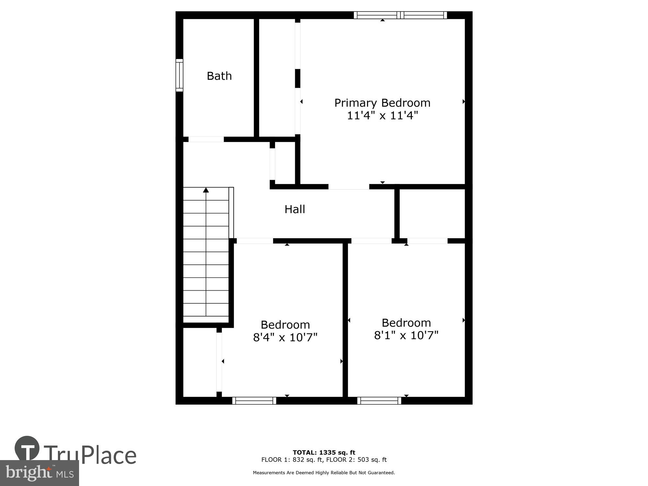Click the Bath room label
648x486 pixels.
[x=219, y=76]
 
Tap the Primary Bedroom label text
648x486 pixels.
[x=382, y=103]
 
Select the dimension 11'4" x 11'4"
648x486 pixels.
[x=382, y=115]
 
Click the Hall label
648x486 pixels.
[x=295, y=209]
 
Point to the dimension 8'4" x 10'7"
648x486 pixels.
[x=285, y=337]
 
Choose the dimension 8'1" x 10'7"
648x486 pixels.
[x=406, y=335]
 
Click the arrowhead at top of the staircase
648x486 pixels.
[x=206, y=190]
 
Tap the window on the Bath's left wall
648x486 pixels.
[x=179, y=75]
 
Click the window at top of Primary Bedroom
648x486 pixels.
[x=400, y=15]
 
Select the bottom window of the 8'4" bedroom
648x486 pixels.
[x=254, y=401]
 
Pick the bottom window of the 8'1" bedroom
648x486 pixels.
[x=379, y=401]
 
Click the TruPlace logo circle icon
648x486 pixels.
[x=27, y=448]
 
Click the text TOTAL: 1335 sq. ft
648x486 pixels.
[x=324, y=453]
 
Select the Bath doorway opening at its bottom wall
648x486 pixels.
[x=206, y=139]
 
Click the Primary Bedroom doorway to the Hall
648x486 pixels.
[x=349, y=187]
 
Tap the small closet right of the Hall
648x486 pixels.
[x=432, y=214]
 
